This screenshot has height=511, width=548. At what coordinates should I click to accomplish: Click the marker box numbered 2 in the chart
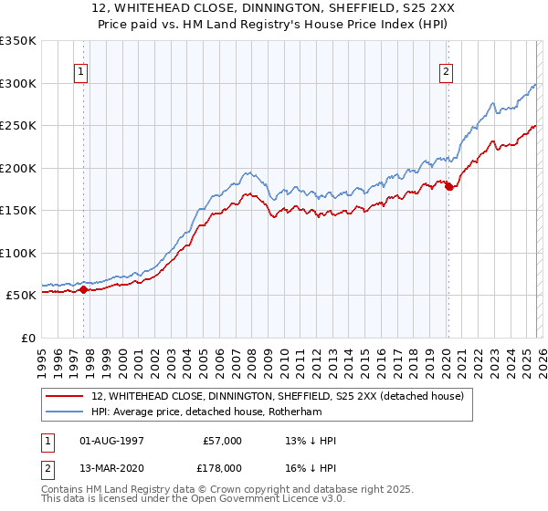pyautogui.click(x=447, y=72)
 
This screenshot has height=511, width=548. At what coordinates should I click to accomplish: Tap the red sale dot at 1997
pyautogui.click(x=83, y=289)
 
